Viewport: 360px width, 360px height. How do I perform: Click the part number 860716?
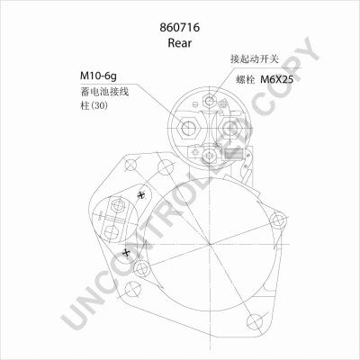pos(180,27)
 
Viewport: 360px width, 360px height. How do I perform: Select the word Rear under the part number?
pos(179,43)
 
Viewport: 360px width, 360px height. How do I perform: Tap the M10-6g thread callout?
pos(98,76)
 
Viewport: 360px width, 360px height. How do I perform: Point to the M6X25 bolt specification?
pos(276,79)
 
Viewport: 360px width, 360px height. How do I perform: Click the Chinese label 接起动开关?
pos(255,59)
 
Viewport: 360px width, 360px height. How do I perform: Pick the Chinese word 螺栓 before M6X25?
pos(246,80)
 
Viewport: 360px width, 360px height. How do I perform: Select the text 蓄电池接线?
pos(104,91)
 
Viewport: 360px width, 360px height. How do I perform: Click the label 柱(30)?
pos(94,105)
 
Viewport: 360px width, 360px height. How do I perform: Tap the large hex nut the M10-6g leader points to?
pos(189,129)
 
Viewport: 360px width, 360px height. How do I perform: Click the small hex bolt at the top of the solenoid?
pos(210,100)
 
